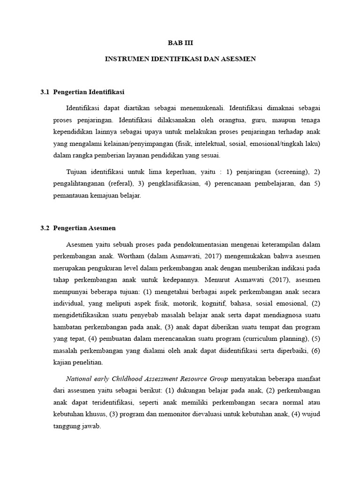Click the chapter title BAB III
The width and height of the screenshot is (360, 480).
(180, 43)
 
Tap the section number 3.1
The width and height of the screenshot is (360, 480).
(45, 91)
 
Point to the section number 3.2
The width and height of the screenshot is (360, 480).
(45, 228)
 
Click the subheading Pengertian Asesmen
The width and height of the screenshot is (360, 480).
(84, 228)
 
